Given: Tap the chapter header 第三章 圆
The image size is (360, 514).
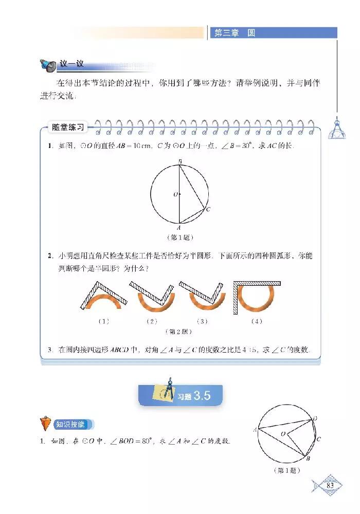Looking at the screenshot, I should (x=234, y=33).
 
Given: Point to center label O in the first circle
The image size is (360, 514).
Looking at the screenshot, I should (x=175, y=195).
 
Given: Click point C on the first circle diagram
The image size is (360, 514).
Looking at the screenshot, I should (x=207, y=210).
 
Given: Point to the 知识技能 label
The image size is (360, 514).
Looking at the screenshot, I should (x=74, y=424).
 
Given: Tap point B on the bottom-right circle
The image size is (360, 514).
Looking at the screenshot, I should (x=308, y=458).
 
